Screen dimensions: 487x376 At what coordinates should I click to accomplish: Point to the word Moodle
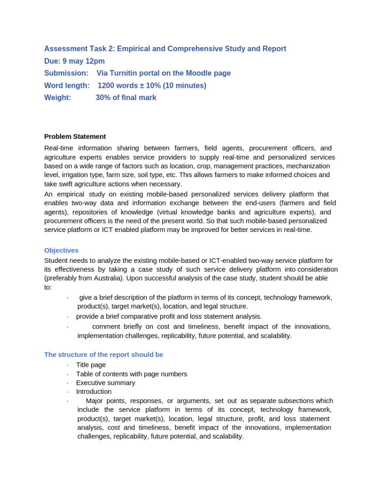197,73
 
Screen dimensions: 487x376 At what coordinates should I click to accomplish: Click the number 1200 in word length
106,85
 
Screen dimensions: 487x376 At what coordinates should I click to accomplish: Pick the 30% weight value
102,98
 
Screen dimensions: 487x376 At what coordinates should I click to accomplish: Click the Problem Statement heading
75,136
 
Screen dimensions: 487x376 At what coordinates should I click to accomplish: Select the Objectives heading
61,250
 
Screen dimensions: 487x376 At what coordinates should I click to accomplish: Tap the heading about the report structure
103,354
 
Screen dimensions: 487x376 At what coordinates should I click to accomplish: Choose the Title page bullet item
91,365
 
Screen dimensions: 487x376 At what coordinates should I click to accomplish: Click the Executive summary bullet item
105,383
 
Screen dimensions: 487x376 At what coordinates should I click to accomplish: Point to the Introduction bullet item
94,391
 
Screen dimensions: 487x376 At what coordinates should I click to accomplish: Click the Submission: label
66,73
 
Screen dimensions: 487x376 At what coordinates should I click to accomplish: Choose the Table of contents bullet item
131,374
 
